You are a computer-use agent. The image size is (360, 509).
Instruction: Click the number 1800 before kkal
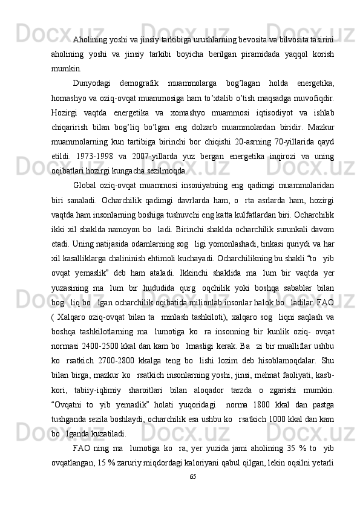pyautogui.click(x=266, y=415)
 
